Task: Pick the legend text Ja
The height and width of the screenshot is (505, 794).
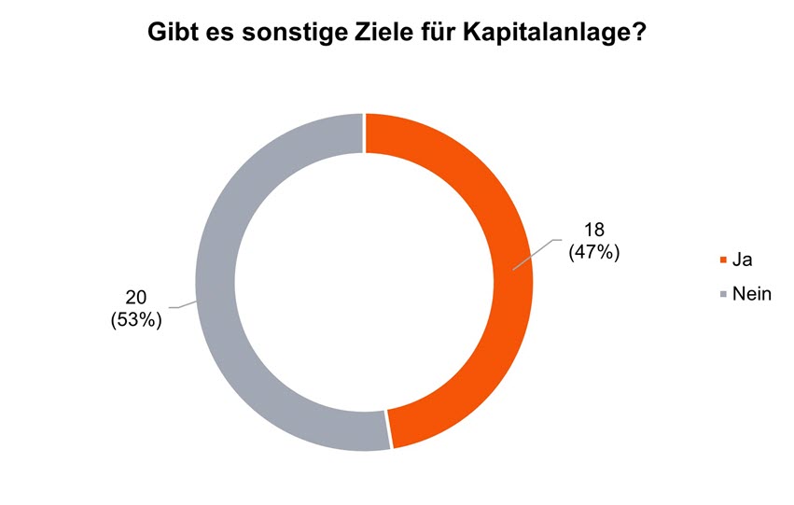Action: click(x=743, y=260)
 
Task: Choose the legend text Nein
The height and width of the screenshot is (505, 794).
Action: click(x=753, y=295)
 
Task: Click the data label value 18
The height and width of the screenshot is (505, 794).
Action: click(x=594, y=231)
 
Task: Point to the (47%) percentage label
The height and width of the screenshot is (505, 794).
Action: click(x=594, y=252)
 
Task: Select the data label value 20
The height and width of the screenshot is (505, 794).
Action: click(x=136, y=298)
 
